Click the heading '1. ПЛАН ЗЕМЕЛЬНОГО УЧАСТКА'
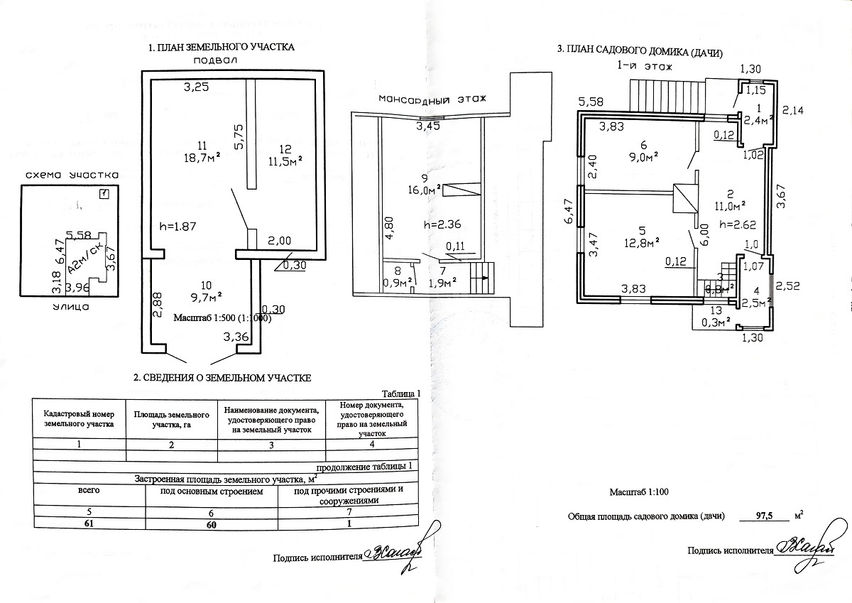click(220, 48)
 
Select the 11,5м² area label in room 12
click(286, 160)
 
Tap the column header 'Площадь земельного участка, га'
click(173, 419)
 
